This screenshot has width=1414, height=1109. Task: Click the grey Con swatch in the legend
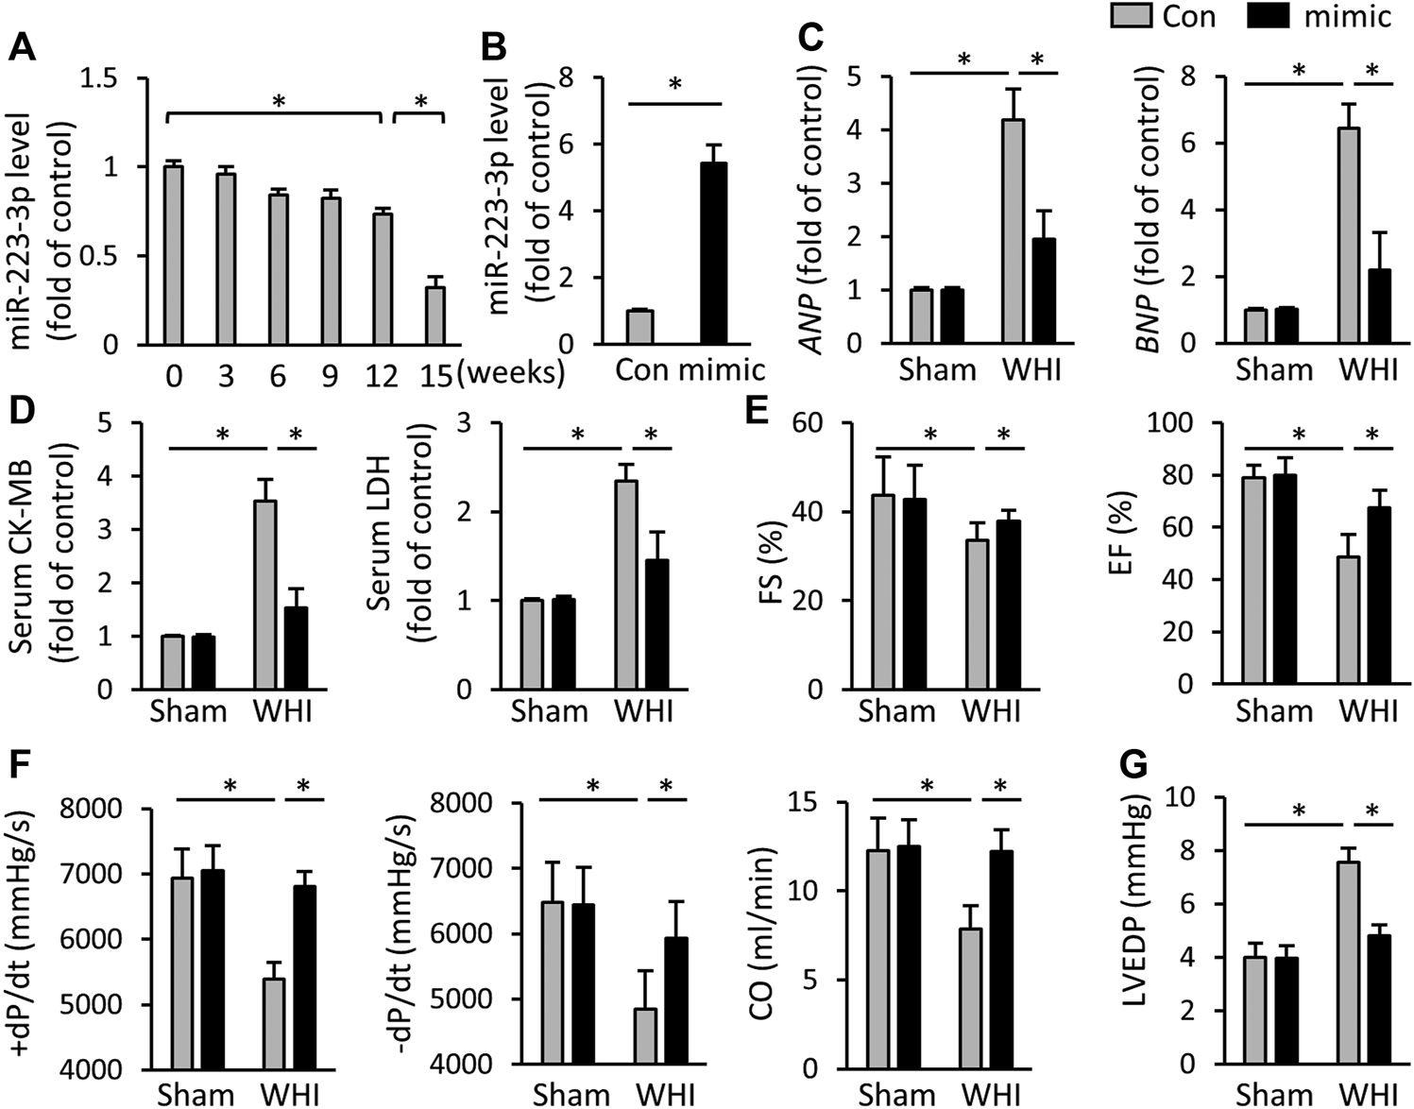1131,15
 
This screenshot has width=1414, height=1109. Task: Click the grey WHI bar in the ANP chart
1014,231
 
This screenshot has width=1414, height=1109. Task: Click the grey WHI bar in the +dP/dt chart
273,1024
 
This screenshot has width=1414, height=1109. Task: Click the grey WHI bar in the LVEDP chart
1349,963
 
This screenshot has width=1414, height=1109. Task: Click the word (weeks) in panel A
511,373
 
